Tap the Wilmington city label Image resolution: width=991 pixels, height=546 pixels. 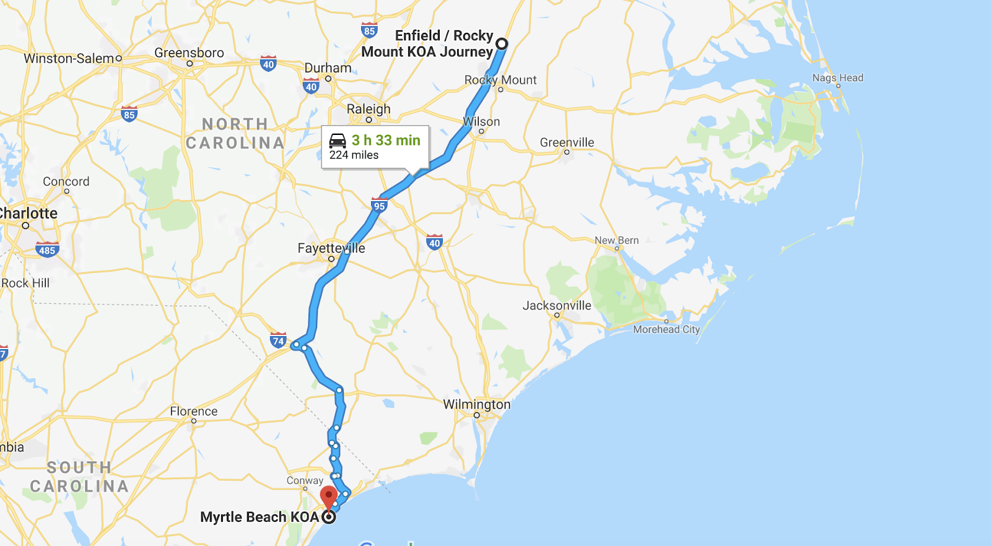(476, 404)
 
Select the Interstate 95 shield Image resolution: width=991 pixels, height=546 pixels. (379, 206)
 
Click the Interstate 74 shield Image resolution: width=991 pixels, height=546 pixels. (278, 340)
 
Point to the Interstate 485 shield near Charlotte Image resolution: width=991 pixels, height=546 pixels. (47, 250)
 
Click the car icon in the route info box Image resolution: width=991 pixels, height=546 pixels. (338, 141)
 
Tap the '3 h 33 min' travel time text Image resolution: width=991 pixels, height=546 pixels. (386, 141)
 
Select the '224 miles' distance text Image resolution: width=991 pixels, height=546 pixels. (354, 155)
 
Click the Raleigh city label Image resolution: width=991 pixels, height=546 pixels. (369, 109)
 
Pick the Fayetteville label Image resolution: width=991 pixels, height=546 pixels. (331, 248)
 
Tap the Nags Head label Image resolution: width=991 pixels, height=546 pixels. (837, 78)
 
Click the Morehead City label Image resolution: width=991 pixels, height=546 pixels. (666, 329)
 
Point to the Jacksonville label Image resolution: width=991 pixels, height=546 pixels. (557, 305)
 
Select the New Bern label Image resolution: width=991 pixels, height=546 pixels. (616, 240)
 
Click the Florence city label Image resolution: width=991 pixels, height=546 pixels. (194, 411)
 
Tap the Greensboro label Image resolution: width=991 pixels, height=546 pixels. (189, 53)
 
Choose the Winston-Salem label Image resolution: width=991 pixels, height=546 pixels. (69, 58)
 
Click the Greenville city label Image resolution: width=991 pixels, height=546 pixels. (567, 142)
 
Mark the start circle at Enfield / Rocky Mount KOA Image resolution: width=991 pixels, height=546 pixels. (501, 44)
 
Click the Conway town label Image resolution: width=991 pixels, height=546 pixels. (305, 480)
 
